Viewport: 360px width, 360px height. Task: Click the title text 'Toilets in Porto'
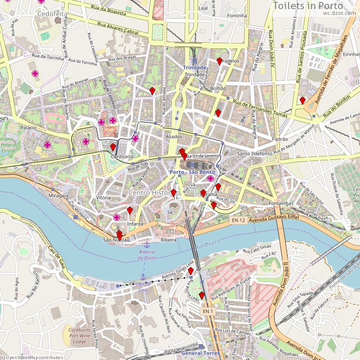pyautogui.click(x=308, y=5)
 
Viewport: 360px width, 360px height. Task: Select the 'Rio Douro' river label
pyautogui.click(x=207, y=244)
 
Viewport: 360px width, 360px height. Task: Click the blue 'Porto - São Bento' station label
pyautogui.click(x=192, y=172)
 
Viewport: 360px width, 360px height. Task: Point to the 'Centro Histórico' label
pyautogui.click(x=154, y=193)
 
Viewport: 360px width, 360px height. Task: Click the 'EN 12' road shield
pyautogui.click(x=238, y=220)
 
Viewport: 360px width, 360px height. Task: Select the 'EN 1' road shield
pyautogui.click(x=207, y=312)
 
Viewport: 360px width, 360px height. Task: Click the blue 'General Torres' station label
pyautogui.click(x=201, y=353)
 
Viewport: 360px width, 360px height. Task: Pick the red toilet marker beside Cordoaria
pyautogui.click(x=113, y=147)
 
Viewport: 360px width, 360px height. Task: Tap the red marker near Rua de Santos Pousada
pyautogui.click(x=302, y=100)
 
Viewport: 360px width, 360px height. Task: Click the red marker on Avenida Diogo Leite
pyautogui.click(x=191, y=271)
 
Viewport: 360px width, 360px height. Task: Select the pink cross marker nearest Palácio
pyautogui.click(x=48, y=145)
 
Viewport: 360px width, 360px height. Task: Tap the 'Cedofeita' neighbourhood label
pyautogui.click(x=52, y=14)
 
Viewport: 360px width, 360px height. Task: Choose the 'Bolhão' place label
pyautogui.click(x=218, y=88)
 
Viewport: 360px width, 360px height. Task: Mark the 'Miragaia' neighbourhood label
pyautogui.click(x=59, y=196)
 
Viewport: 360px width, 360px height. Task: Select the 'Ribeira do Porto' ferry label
pyautogui.click(x=147, y=254)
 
